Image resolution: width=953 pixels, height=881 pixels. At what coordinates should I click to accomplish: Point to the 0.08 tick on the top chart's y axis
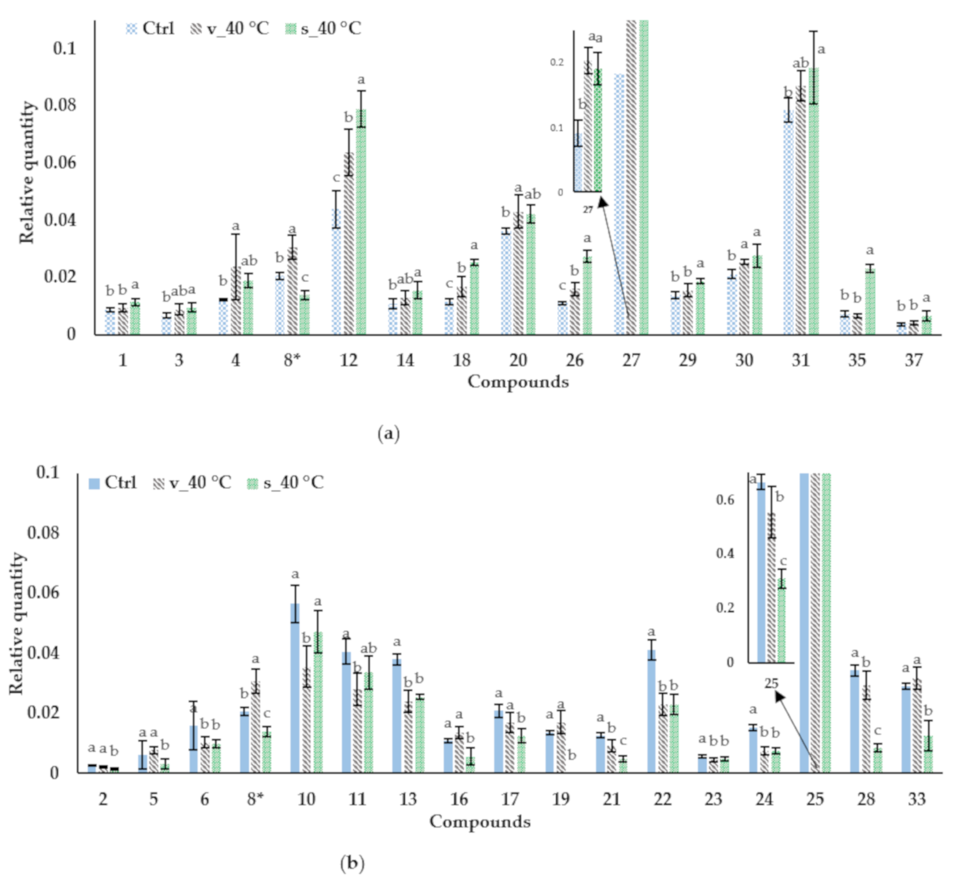[x=60, y=105]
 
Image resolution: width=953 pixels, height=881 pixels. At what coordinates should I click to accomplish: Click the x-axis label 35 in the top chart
[x=857, y=360]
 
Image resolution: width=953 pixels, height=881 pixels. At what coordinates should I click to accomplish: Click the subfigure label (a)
[x=388, y=434]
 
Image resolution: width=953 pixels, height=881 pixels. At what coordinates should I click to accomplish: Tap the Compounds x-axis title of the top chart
[x=518, y=381]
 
